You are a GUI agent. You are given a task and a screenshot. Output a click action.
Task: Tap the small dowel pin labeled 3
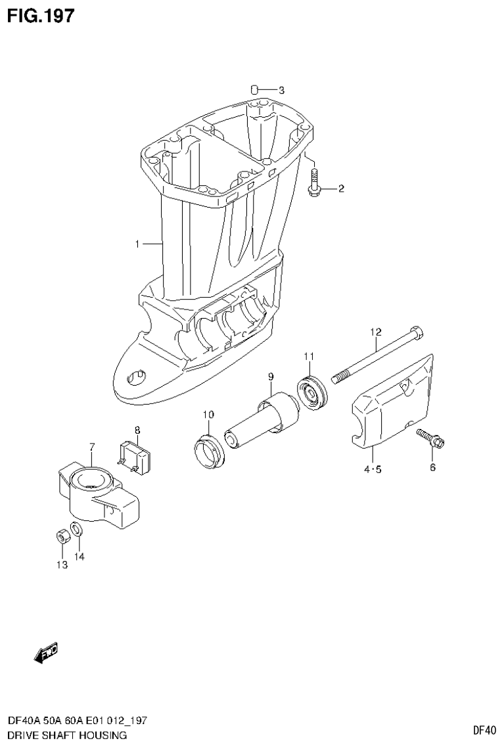(x=255, y=90)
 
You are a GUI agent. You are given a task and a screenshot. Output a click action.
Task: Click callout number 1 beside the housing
(x=137, y=244)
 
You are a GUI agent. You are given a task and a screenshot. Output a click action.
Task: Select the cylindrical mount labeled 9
(x=263, y=420)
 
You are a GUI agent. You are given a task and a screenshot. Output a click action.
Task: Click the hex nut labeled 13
(x=60, y=535)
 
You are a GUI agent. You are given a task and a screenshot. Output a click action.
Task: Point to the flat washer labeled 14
(x=76, y=529)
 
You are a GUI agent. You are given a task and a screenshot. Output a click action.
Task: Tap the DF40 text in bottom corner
(x=484, y=729)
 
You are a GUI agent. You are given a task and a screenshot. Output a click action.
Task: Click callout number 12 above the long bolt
(x=375, y=332)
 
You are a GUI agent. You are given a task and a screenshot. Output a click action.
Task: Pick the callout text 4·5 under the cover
(x=371, y=468)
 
